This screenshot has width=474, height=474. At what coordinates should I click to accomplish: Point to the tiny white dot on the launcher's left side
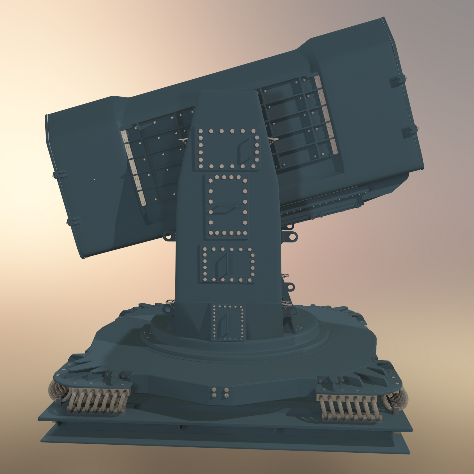(94, 179)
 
